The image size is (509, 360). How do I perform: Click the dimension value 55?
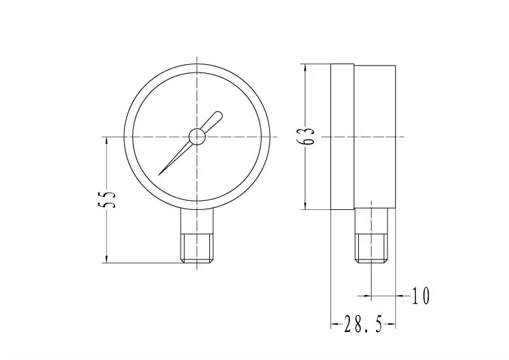pos(109,199)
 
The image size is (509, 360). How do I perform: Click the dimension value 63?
pos(309,137)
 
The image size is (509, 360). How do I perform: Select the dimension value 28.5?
pos(363,326)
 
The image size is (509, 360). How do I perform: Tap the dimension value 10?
pos(421,296)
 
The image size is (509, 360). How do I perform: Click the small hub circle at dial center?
pos(197,137)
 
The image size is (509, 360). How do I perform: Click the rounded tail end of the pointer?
pos(218,116)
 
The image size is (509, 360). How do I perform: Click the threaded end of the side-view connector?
pos(371,248)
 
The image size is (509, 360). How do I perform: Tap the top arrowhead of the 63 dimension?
pos(305,67)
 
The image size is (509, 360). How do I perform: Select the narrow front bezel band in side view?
pos(342,137)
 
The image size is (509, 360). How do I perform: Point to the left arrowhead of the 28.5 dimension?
pos(333,326)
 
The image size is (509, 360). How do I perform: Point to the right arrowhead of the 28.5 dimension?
pos(394,326)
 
